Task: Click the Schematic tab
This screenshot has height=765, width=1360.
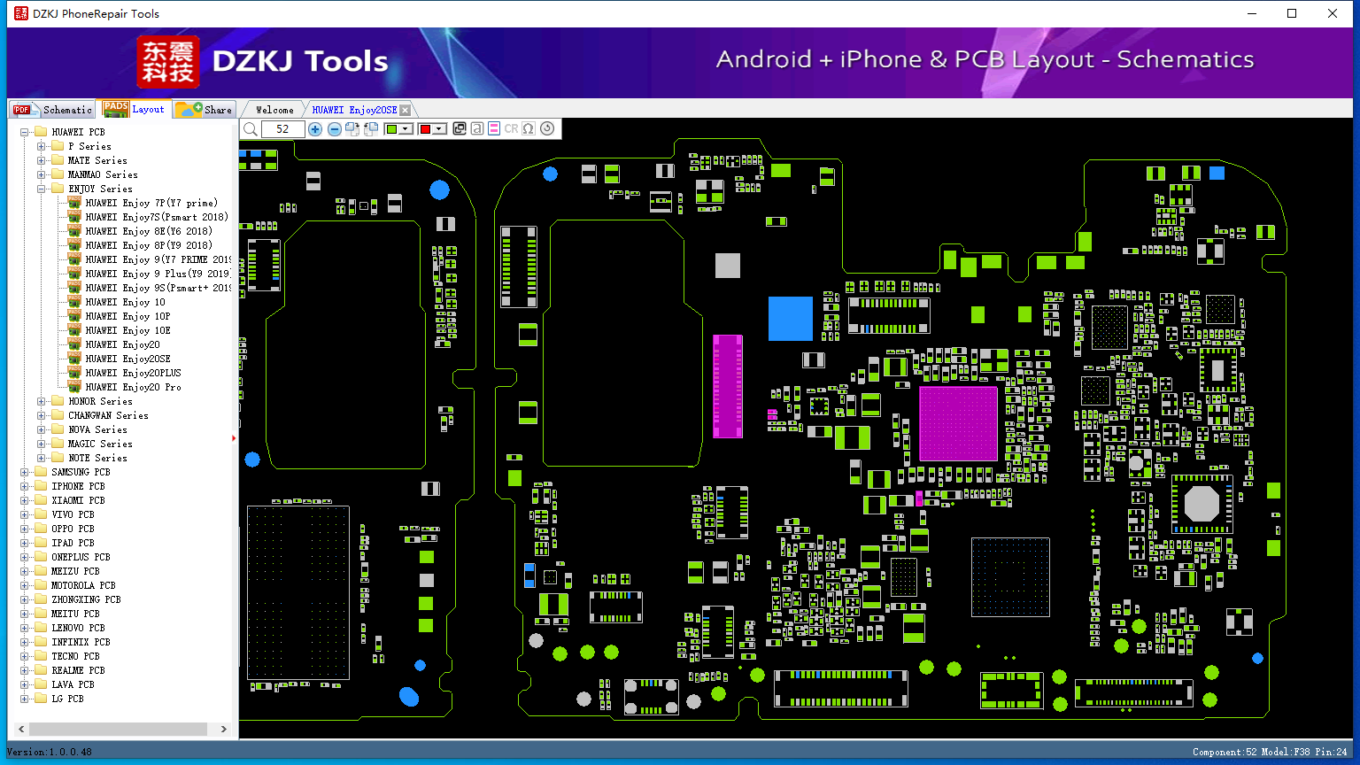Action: click(x=53, y=109)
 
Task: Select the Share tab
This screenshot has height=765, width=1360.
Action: click(x=204, y=109)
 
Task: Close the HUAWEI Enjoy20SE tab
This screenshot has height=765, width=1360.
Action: click(x=405, y=110)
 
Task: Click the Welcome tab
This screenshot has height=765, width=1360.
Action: click(x=274, y=110)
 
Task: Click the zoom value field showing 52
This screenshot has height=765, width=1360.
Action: click(x=282, y=128)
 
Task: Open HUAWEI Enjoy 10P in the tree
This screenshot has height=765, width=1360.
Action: click(x=127, y=316)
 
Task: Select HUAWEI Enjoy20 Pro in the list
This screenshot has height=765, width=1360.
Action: click(x=133, y=387)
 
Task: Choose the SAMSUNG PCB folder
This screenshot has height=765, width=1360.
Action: click(x=81, y=472)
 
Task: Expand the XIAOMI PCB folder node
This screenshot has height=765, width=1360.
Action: click(x=24, y=500)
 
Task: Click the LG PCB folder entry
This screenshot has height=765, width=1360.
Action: click(x=67, y=699)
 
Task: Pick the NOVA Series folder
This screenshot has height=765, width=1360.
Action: click(x=97, y=429)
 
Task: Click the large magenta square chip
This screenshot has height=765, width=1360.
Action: click(x=958, y=424)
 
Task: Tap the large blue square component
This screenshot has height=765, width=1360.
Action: click(x=791, y=319)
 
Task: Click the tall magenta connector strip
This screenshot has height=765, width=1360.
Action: click(x=727, y=386)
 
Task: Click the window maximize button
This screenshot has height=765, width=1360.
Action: click(x=1292, y=13)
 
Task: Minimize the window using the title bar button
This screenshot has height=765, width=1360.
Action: click(x=1252, y=13)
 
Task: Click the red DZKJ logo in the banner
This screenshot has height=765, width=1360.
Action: click(x=168, y=62)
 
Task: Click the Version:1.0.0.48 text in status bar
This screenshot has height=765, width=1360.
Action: click(x=50, y=752)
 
